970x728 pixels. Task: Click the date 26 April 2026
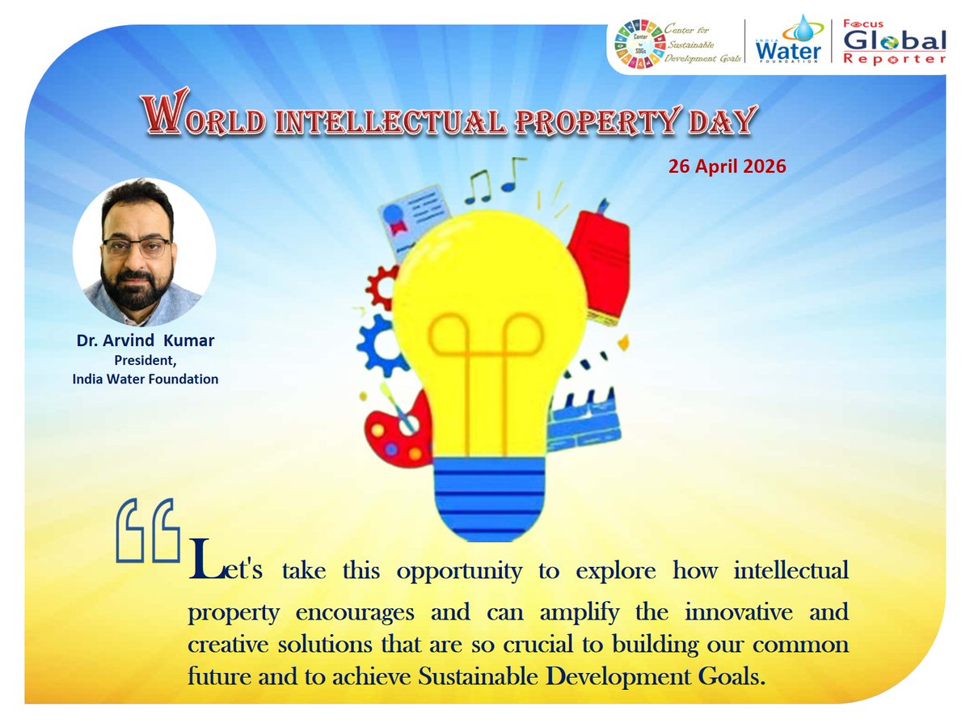coord(727,167)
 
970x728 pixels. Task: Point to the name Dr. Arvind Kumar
coord(145,341)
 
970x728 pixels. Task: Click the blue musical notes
coord(495,177)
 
